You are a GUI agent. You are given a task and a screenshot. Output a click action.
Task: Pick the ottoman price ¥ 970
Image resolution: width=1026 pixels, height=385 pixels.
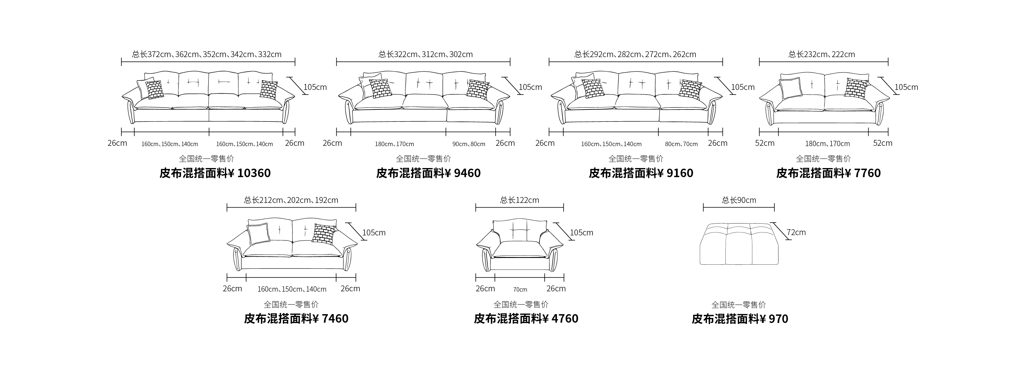[774, 319]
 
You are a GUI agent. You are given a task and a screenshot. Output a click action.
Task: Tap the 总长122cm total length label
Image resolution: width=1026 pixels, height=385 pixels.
[519, 200]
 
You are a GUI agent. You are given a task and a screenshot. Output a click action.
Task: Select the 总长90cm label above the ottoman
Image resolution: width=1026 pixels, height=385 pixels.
[739, 200]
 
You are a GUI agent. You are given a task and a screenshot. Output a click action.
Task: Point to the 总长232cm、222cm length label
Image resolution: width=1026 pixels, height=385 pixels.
[822, 54]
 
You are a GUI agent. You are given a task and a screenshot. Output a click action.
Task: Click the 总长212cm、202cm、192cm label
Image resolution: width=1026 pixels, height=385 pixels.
[291, 200]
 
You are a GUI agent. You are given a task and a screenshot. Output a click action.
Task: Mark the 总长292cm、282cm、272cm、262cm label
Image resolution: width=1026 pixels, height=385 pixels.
[635, 54]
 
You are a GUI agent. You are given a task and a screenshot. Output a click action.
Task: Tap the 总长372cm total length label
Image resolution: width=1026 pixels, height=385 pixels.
[207, 54]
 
